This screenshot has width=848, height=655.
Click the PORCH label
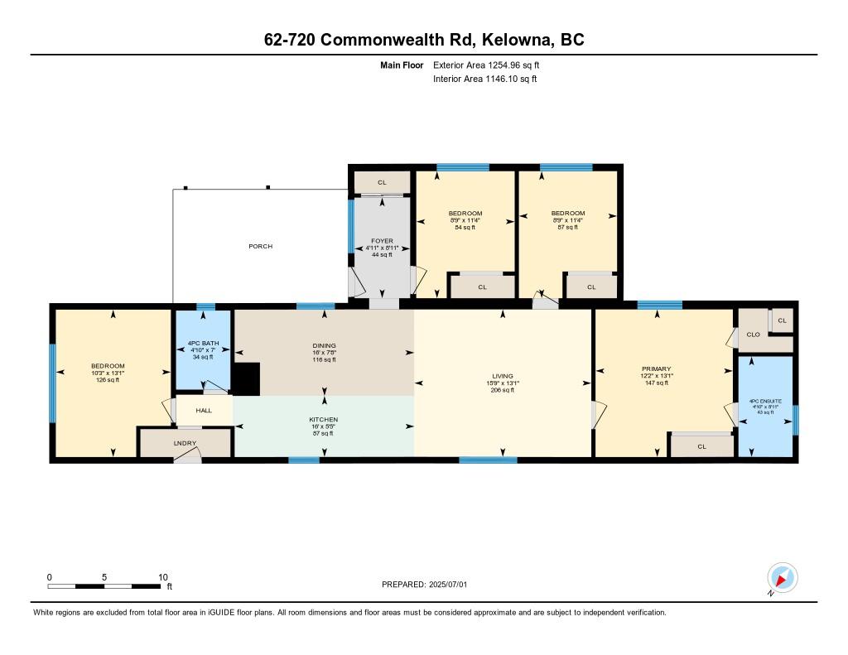coord(260,246)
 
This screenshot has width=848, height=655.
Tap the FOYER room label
coord(381,241)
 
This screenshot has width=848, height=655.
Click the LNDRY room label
coord(185,444)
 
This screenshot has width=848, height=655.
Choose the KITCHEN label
coord(324,420)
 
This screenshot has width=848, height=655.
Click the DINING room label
coord(324,345)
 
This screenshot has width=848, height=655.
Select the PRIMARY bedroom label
coord(656,368)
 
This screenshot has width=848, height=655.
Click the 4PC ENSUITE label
coord(765,401)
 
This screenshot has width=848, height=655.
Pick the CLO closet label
coord(753,335)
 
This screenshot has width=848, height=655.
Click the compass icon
coord(782,577)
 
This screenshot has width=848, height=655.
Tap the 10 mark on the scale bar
coord(163,577)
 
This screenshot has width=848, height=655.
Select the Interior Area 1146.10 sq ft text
coord(485,79)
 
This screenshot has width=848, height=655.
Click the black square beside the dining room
coord(247,378)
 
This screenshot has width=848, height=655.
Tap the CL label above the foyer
coord(382,182)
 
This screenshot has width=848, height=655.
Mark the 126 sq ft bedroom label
coord(108,367)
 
